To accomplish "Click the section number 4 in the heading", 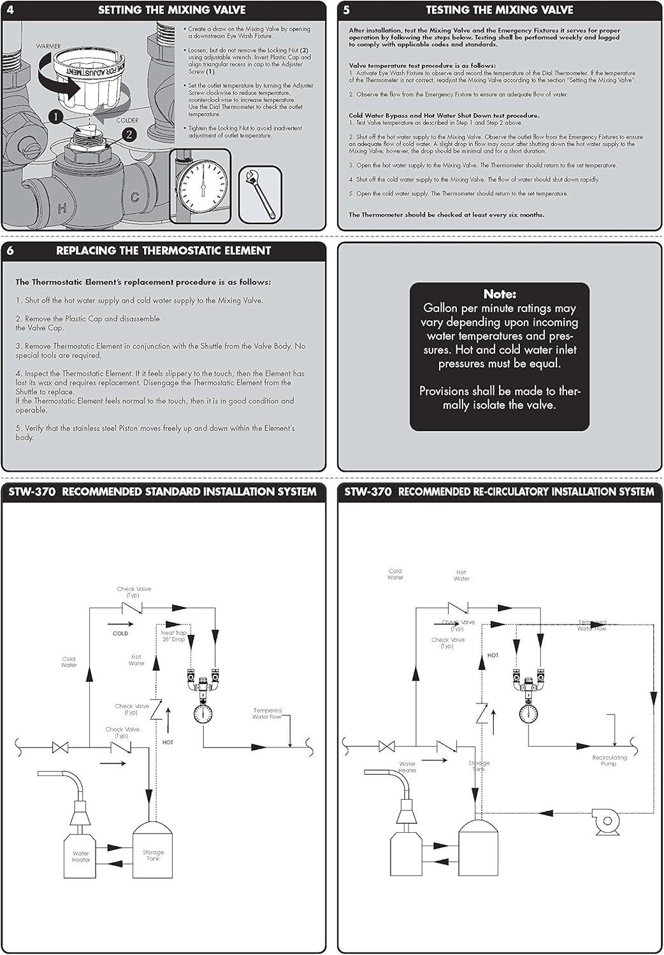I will pos(10,10).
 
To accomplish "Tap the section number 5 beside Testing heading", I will pos(346,10).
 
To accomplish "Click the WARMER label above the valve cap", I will pos(49,46).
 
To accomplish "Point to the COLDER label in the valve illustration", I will pos(127,120).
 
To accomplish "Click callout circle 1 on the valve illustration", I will pos(57,117).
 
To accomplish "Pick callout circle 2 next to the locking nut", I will pos(129,134).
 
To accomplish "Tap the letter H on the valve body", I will pos(62,208).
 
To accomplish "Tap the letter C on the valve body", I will pos(135,198).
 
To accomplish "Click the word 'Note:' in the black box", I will pos(500,294).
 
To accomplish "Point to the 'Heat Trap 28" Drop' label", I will pos(173,636).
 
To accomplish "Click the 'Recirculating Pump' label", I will pos(609,760).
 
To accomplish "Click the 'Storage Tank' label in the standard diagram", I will pos(153,855).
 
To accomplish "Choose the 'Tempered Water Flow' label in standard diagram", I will pos(267,714).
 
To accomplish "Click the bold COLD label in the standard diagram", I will pos(120,633).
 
